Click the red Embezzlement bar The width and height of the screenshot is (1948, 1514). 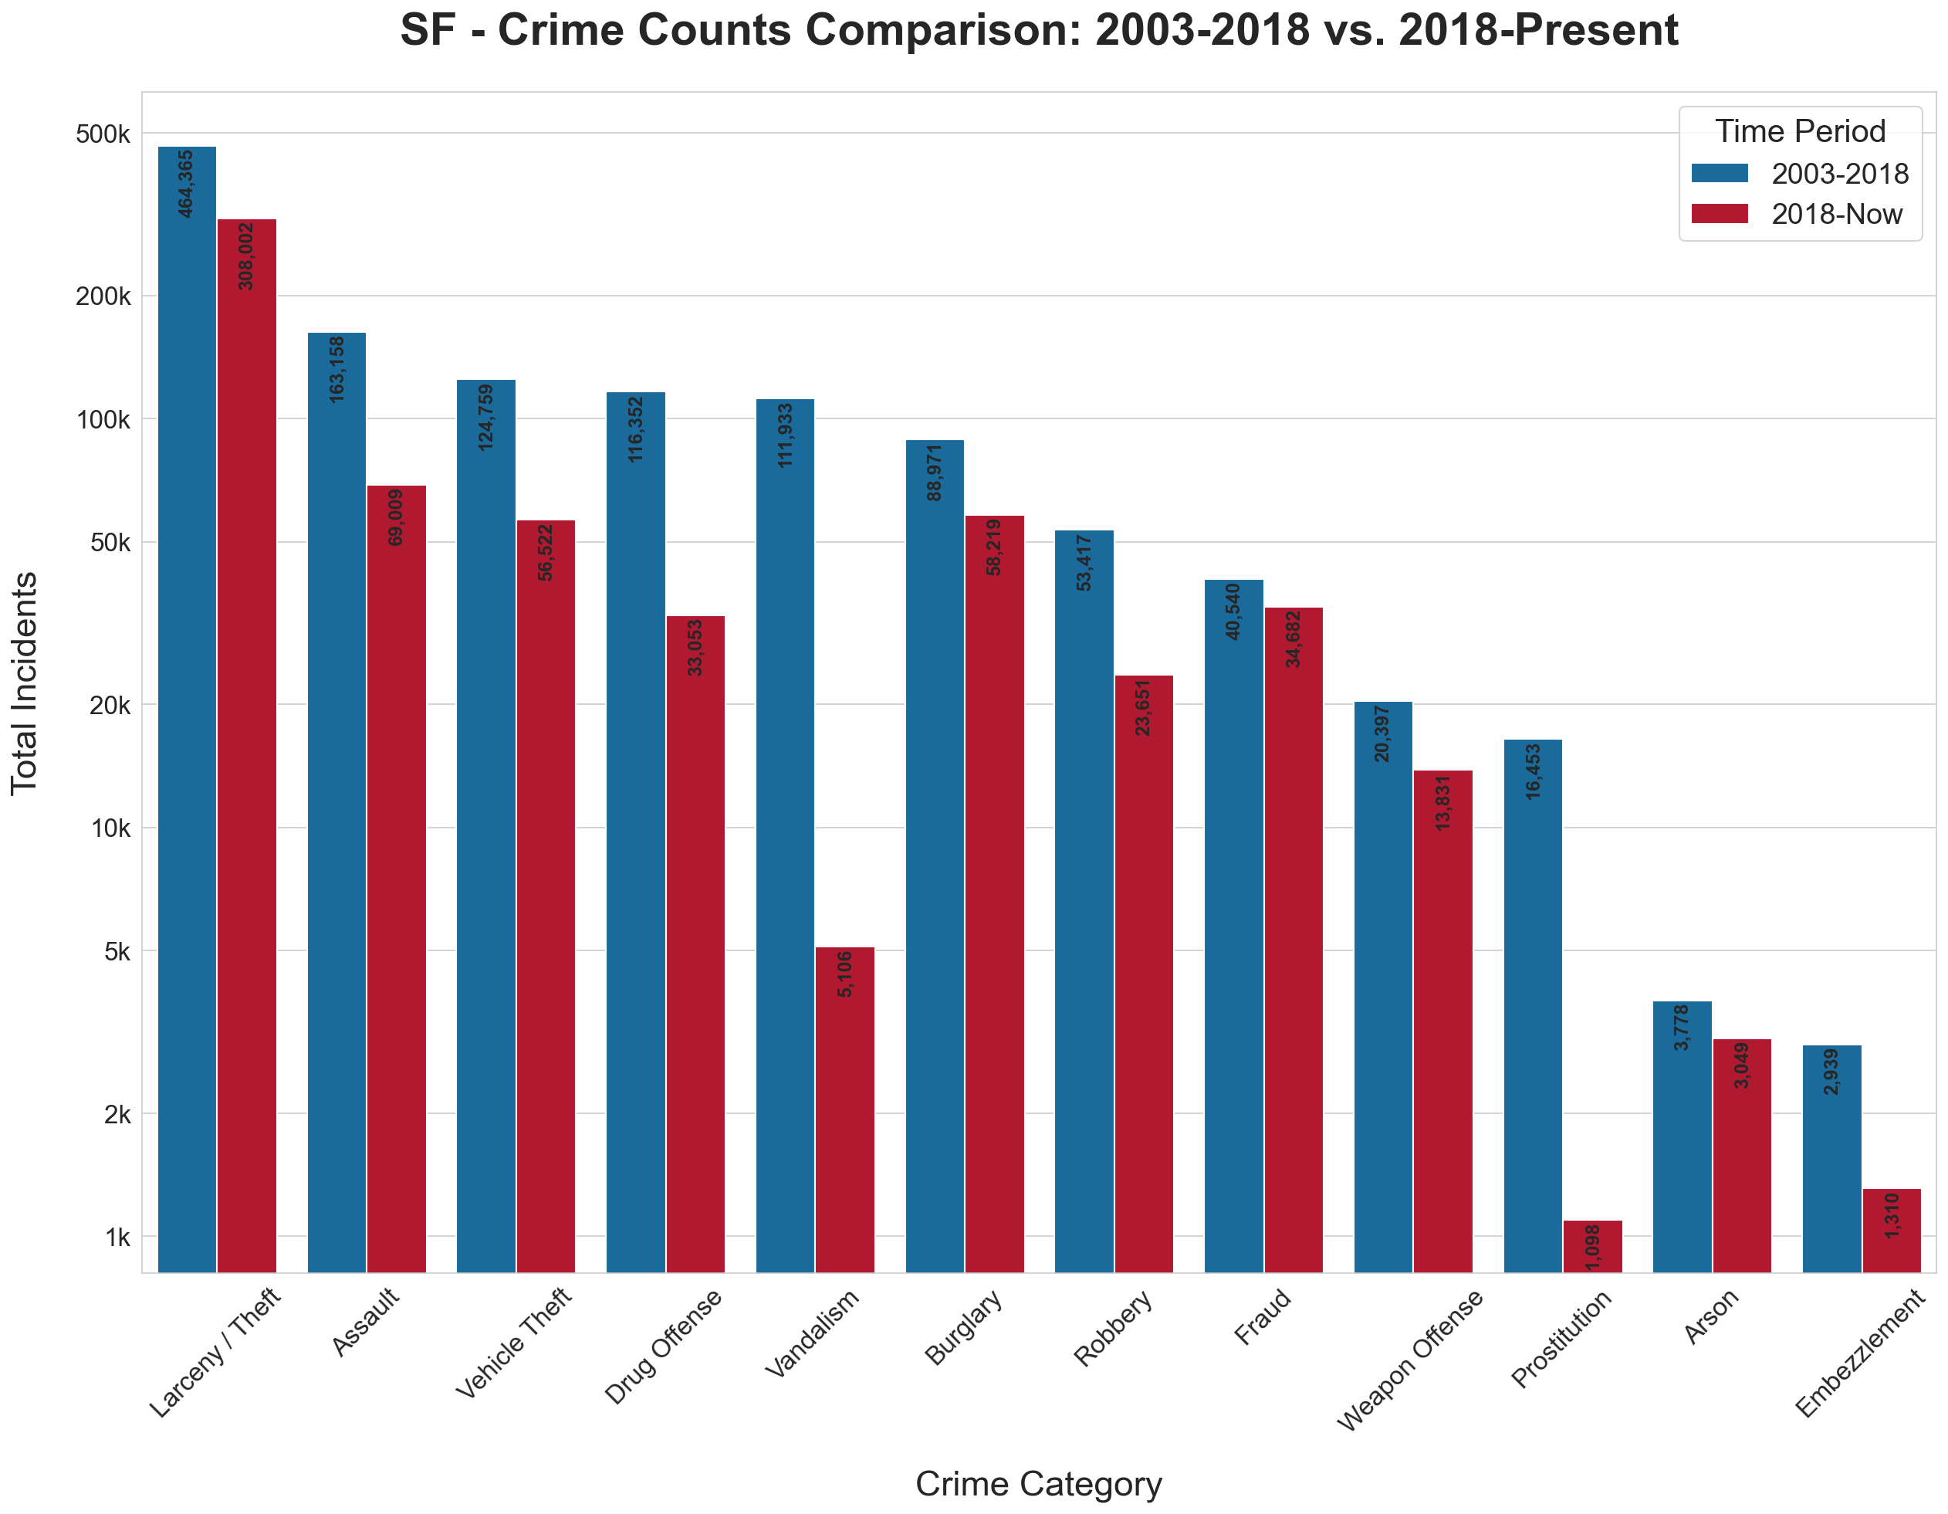coord(1891,1231)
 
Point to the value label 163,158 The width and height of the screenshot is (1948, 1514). coord(337,369)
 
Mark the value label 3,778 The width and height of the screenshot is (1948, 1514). coord(1681,1028)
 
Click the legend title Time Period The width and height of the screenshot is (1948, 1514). coord(1800,131)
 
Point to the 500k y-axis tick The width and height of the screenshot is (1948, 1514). coord(103,134)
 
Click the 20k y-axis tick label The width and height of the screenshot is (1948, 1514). coord(110,705)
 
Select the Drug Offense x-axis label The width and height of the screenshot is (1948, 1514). coord(664,1346)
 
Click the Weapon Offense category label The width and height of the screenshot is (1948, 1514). coord(1410,1360)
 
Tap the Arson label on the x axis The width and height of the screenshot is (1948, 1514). coord(1711,1317)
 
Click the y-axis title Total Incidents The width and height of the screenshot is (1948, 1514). coord(24,683)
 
